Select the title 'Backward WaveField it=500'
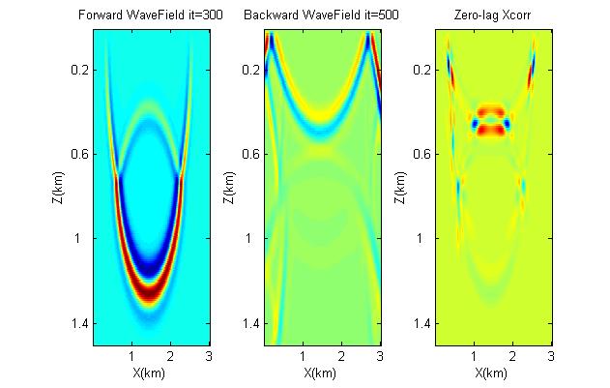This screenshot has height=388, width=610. tap(322, 15)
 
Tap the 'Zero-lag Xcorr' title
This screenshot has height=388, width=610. tap(493, 15)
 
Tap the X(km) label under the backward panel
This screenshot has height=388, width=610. tap(322, 372)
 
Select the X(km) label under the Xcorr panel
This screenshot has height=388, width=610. tap(493, 372)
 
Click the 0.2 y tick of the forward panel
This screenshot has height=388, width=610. tap(80, 71)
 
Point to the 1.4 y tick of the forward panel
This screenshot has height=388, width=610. tap(80, 323)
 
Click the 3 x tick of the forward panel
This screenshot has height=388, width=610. tap(207, 355)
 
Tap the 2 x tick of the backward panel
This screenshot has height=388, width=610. tap(340, 355)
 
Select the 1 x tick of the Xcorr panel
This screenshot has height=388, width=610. tap(474, 355)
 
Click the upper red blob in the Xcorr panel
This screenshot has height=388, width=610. tap(490, 111)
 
